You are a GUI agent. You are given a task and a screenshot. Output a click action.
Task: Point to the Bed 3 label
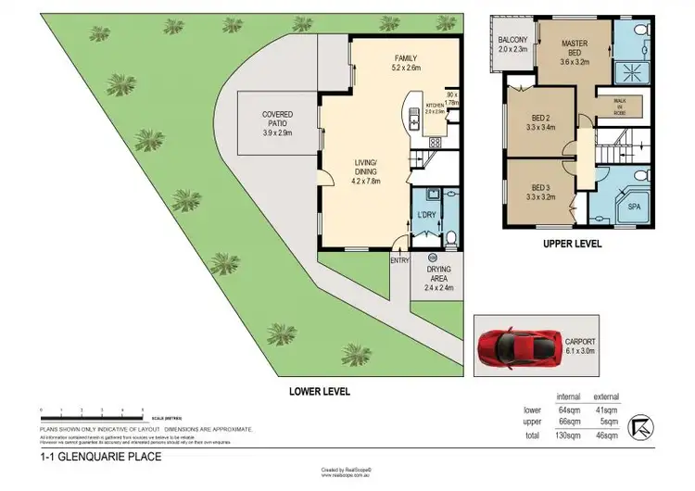(x=541, y=190)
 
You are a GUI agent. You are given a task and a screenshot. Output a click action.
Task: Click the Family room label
(x=407, y=61)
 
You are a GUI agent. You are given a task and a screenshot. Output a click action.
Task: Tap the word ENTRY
(x=400, y=261)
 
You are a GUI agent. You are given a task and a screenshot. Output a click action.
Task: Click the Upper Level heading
(x=572, y=245)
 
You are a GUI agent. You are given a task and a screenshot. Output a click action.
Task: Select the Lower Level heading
(x=317, y=392)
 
